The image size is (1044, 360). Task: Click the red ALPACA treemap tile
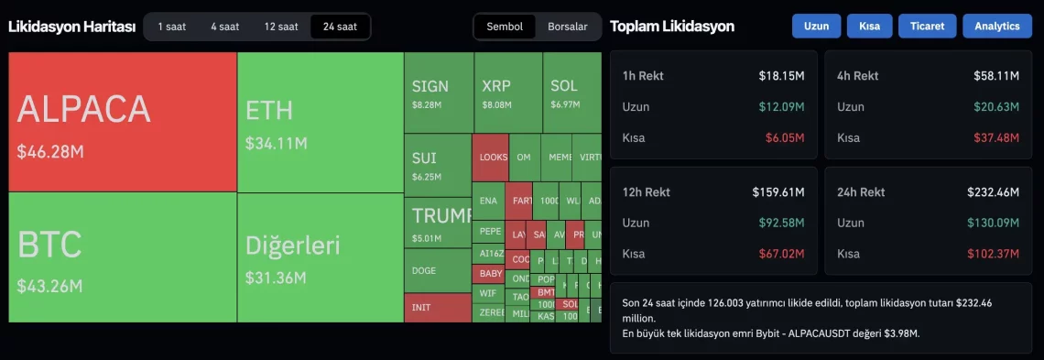point(123,122)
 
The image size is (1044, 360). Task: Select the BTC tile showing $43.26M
point(123,257)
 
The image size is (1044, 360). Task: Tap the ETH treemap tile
point(321,122)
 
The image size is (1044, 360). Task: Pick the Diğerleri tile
point(321,257)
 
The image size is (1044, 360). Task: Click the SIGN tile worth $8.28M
point(439,93)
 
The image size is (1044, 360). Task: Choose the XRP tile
point(508,93)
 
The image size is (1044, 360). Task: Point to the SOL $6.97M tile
point(572,93)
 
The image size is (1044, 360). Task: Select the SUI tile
point(438,165)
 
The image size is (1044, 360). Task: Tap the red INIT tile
point(438,308)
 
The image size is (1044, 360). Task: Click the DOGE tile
point(438,270)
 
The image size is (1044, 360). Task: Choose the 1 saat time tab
point(171,27)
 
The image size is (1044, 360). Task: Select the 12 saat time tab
point(281,27)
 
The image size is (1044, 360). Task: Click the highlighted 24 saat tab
point(340,27)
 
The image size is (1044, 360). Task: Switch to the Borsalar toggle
point(568,27)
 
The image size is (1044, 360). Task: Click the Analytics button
point(996,27)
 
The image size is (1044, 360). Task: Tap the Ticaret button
point(927,27)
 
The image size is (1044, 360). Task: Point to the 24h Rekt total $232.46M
point(993,192)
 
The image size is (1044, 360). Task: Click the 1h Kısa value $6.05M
point(785,138)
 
